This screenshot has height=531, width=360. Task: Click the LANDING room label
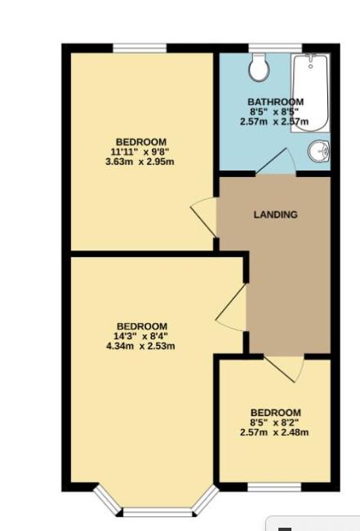click(x=275, y=215)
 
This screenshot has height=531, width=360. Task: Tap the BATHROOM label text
click(x=276, y=102)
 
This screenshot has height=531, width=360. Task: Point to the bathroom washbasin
click(x=319, y=150)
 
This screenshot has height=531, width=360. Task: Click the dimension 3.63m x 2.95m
click(x=140, y=161)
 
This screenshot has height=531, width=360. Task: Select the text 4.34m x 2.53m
click(x=140, y=346)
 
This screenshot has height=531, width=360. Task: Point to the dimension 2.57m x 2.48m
click(x=275, y=432)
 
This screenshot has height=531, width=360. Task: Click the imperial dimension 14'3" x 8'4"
click(x=141, y=336)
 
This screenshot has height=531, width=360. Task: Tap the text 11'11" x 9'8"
click(x=140, y=151)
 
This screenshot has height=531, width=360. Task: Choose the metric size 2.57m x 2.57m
click(x=275, y=122)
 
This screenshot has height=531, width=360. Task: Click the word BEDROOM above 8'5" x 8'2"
click(x=275, y=413)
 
